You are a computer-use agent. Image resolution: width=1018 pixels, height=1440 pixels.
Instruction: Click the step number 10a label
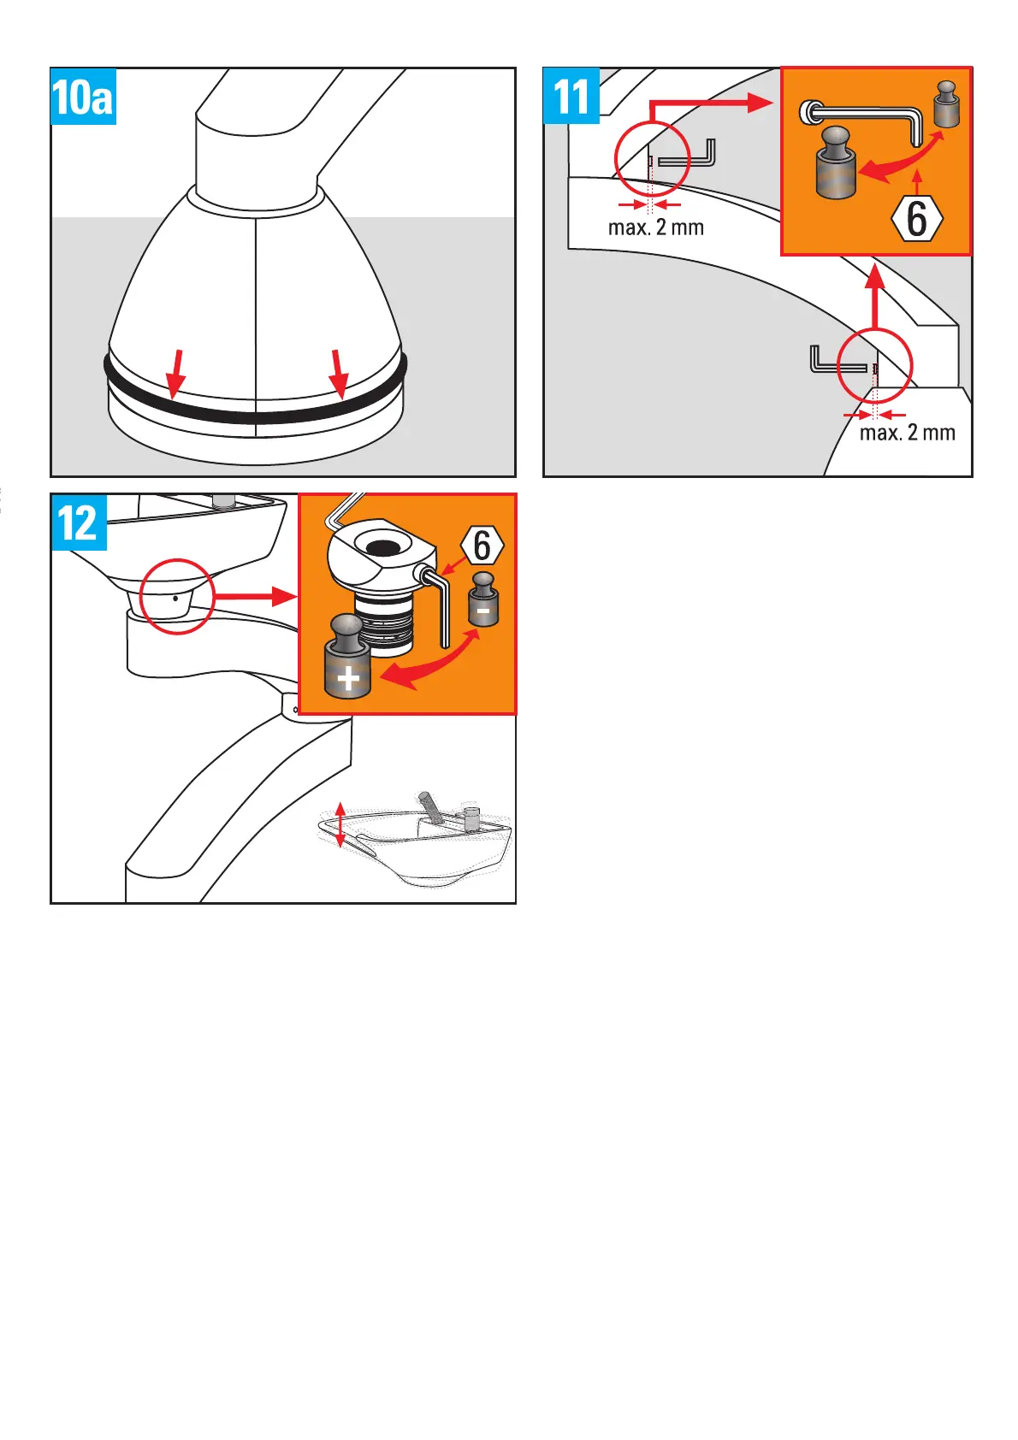tap(83, 97)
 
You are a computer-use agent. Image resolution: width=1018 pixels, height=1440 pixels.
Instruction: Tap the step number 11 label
tap(571, 96)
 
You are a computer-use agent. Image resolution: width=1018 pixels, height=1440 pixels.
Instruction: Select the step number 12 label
tap(78, 522)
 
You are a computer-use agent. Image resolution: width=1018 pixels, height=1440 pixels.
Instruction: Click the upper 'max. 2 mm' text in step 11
tap(655, 227)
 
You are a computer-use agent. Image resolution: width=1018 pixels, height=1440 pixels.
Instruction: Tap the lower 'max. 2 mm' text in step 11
tap(907, 433)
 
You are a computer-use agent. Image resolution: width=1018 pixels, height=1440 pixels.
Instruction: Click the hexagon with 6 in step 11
tap(917, 219)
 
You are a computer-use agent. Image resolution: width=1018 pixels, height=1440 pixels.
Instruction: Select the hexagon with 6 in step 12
tap(482, 545)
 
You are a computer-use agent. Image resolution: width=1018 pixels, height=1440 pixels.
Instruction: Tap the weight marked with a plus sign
tap(347, 658)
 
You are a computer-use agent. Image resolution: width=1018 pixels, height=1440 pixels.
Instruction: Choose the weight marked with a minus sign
tap(483, 600)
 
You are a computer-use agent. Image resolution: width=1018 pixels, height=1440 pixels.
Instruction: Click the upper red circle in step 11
tap(652, 158)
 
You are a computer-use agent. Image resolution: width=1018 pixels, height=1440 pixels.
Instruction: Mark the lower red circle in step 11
tap(875, 366)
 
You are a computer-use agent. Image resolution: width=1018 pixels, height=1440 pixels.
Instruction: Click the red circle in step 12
tap(177, 596)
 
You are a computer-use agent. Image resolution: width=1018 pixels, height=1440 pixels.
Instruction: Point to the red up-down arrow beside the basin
tap(340, 825)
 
